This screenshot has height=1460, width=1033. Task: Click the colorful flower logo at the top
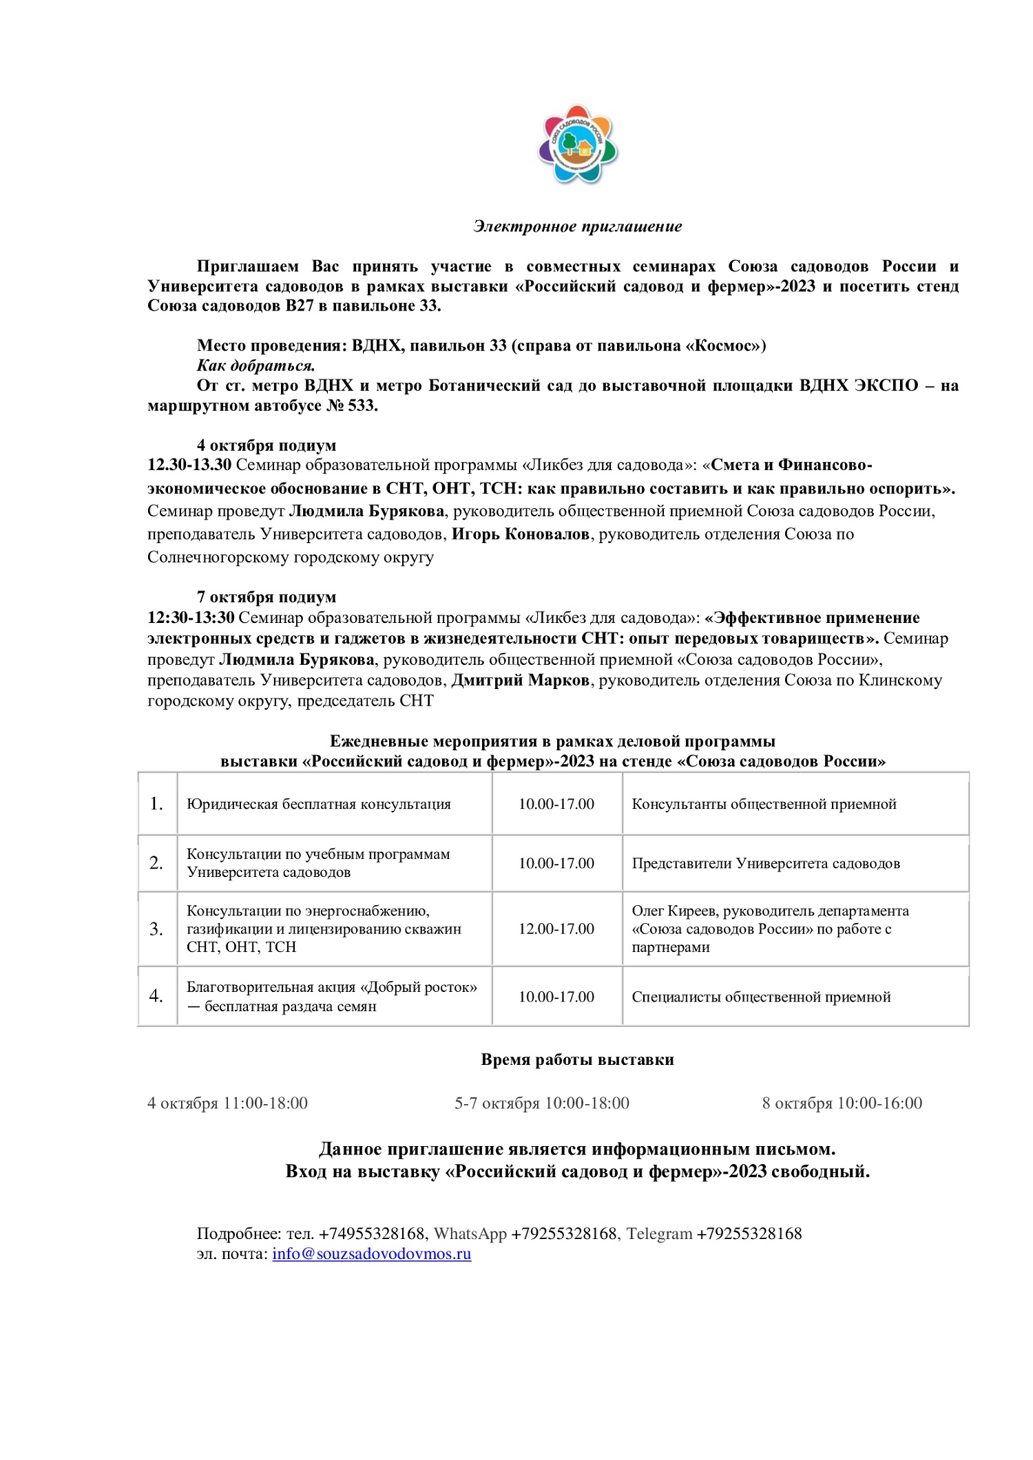[578, 145]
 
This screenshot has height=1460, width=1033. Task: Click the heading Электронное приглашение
[577, 226]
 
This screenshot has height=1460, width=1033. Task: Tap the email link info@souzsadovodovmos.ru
[371, 1253]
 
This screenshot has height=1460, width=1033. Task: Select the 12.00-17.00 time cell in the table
[556, 929]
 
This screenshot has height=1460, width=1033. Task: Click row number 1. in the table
[157, 804]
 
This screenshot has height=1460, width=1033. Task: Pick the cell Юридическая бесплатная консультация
[319, 804]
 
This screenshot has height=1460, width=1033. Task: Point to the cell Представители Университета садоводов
[766, 864]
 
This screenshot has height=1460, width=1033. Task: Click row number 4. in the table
[157, 996]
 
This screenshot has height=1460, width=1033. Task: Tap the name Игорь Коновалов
[520, 534]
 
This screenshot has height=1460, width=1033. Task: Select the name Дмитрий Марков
[520, 680]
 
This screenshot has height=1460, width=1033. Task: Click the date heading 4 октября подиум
[267, 445]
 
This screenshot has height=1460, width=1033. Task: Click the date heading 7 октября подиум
[267, 597]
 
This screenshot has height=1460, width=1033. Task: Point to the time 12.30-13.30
[189, 465]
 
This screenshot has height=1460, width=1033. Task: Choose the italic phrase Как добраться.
[255, 366]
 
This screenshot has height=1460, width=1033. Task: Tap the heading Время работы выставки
[577, 1059]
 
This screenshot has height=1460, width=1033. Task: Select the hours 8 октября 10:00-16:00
[842, 1103]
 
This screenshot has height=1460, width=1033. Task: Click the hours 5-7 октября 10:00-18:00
[542, 1103]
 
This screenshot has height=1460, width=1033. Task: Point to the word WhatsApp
[470, 1234]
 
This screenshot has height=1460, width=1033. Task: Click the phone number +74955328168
[372, 1234]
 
